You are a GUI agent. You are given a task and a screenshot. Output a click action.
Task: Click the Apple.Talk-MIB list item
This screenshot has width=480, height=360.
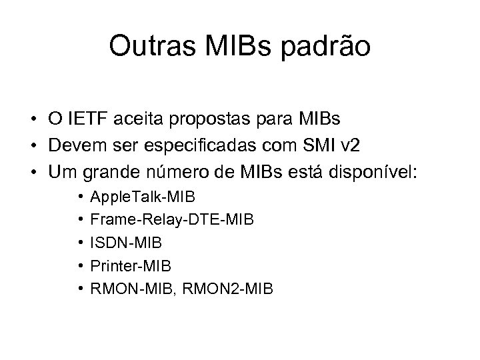click(143, 197)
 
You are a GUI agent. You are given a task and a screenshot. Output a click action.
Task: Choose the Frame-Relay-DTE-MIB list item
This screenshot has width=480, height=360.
click(171, 219)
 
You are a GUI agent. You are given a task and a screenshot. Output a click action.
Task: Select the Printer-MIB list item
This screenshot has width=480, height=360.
click(131, 265)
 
